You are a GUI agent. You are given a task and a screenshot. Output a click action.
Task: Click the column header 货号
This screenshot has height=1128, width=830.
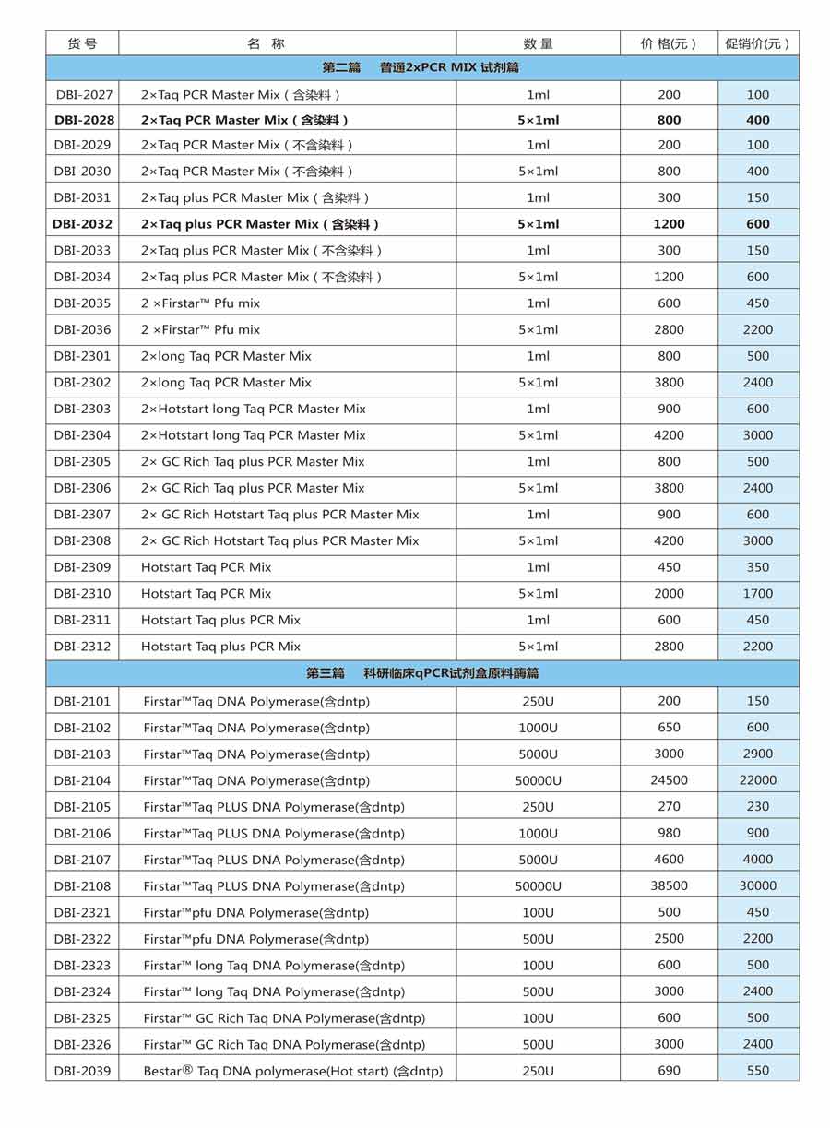point(82,43)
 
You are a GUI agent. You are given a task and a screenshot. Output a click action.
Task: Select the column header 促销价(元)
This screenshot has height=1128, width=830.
point(757,43)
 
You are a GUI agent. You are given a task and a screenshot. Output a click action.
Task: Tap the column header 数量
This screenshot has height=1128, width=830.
point(538,43)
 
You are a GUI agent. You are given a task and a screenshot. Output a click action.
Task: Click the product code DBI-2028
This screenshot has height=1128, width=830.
point(84,120)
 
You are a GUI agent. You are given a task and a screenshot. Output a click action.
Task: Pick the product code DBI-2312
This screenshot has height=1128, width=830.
point(82,647)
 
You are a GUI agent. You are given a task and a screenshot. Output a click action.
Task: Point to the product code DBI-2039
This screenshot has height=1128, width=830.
point(82,1071)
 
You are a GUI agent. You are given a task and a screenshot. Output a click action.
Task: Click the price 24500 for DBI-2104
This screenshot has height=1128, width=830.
point(669,780)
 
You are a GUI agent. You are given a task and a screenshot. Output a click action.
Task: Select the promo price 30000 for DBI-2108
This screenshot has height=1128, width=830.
point(758,886)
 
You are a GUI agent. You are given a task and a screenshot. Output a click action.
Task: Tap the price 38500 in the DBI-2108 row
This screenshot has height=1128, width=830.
point(669,886)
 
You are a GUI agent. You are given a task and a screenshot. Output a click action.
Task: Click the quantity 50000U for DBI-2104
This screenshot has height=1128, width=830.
point(538,781)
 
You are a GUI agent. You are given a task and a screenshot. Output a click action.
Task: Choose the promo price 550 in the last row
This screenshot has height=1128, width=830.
point(758,1071)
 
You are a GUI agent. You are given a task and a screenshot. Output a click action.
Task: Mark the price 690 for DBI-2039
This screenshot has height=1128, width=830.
point(669,1071)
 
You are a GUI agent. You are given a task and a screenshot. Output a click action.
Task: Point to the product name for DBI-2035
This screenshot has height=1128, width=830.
point(200,303)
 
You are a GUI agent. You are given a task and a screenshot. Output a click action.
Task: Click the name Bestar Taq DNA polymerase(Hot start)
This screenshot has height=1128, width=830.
point(292,1071)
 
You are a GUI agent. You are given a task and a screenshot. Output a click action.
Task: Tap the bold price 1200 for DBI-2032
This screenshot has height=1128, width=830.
point(669,224)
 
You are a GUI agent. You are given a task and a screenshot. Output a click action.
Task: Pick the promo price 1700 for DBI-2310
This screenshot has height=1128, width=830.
point(758,594)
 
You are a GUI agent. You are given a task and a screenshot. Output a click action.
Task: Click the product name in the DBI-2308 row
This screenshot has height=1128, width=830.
point(279,541)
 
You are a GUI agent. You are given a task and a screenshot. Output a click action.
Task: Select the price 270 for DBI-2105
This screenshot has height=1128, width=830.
point(669,807)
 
